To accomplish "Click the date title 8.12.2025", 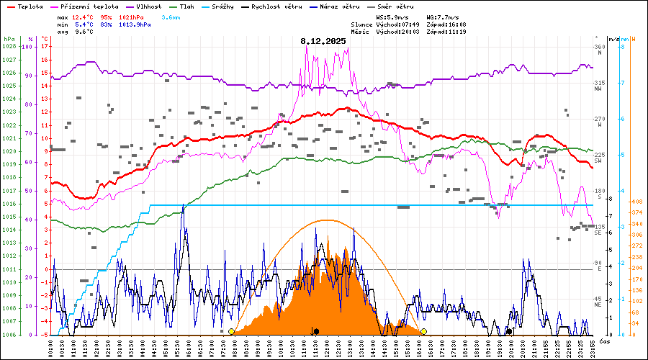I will tap(323, 41).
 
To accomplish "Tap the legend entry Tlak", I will tap(187, 6).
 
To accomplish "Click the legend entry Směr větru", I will tap(399, 6).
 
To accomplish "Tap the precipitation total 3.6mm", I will tap(171, 17).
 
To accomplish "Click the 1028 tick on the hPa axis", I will tap(9, 47).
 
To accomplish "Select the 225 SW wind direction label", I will tap(598, 158).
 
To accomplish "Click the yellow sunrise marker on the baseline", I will tap(231, 331).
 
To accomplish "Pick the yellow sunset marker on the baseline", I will tap(423, 331).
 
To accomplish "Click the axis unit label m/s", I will tap(613, 39).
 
